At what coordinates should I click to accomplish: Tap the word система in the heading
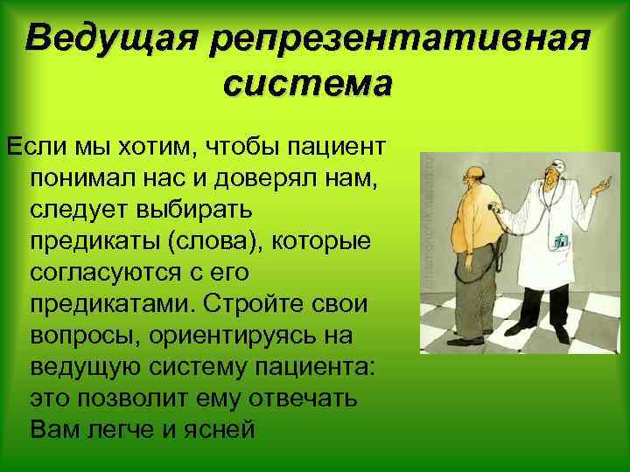pos(308,85)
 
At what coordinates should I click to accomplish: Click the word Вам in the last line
pos(53,430)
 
